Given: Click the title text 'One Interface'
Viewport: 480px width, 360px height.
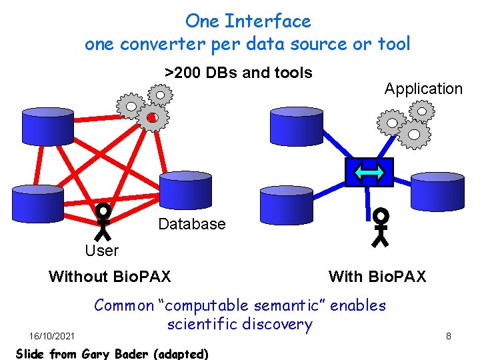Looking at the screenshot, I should tap(248, 21).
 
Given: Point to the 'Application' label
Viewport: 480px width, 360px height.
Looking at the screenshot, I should tap(423, 89).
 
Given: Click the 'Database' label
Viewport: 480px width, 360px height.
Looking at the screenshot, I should tap(191, 224).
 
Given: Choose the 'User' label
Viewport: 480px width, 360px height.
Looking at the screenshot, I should tap(101, 251).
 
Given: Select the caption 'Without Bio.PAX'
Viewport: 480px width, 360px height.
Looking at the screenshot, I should tap(109, 276).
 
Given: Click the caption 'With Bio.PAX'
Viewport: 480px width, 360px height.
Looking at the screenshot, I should tap(377, 276).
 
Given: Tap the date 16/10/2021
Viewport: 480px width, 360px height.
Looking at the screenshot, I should tap(52, 335).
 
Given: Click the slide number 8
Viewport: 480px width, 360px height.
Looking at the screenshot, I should tap(449, 336).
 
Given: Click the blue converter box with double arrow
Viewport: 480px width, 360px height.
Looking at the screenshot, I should tap(369, 173).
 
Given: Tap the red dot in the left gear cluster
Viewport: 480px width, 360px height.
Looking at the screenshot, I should tap(151, 118).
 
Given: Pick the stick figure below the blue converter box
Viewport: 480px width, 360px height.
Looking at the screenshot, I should tap(381, 227).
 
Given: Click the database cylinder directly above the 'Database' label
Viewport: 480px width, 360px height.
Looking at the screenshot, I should tap(185, 191).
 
